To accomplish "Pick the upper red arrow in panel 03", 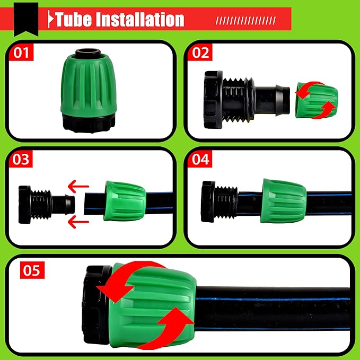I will pyautogui.click(x=78, y=186).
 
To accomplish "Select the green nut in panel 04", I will pyautogui.click(x=283, y=200).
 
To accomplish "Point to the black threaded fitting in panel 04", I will pyautogui.click(x=219, y=200).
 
